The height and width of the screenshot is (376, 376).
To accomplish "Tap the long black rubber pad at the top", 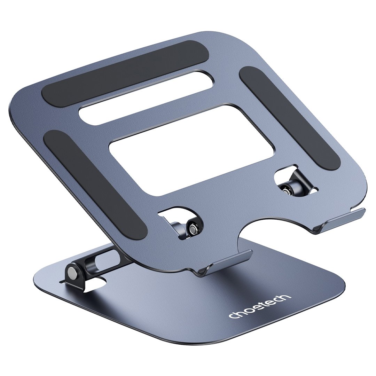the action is click(x=125, y=71).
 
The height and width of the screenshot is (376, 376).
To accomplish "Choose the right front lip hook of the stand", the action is click(x=340, y=220).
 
